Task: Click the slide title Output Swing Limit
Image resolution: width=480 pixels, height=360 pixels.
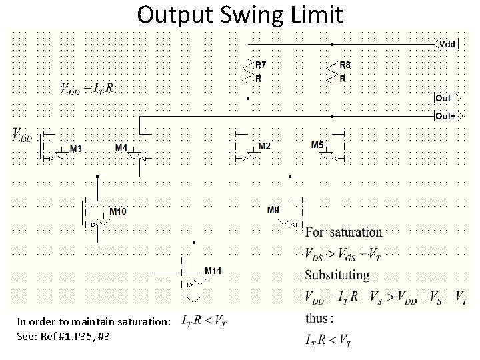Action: (240, 14)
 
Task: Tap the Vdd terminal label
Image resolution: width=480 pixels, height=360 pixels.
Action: (448, 44)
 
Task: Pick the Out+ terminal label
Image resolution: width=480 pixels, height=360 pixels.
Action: (445, 116)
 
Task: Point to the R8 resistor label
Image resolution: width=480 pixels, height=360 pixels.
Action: (345, 65)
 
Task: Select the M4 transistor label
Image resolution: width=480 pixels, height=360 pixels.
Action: (122, 147)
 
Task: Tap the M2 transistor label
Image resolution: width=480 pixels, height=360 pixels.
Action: (264, 146)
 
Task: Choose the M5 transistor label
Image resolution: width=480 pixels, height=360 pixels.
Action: (317, 145)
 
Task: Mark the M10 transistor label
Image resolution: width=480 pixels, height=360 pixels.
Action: (118, 212)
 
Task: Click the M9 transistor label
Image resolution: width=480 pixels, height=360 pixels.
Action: (273, 210)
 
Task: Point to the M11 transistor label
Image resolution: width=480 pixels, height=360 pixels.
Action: (213, 271)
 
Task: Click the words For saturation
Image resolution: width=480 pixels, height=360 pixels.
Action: (343, 233)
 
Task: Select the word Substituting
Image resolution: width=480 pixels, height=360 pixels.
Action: (337, 275)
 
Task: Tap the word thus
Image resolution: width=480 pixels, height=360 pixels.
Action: (317, 319)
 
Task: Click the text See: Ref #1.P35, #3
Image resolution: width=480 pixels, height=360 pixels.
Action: (64, 336)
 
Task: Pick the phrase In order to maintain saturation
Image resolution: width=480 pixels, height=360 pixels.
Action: (93, 322)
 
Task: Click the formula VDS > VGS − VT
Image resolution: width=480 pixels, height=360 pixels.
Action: (343, 254)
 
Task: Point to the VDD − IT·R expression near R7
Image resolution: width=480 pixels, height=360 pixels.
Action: (87, 89)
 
